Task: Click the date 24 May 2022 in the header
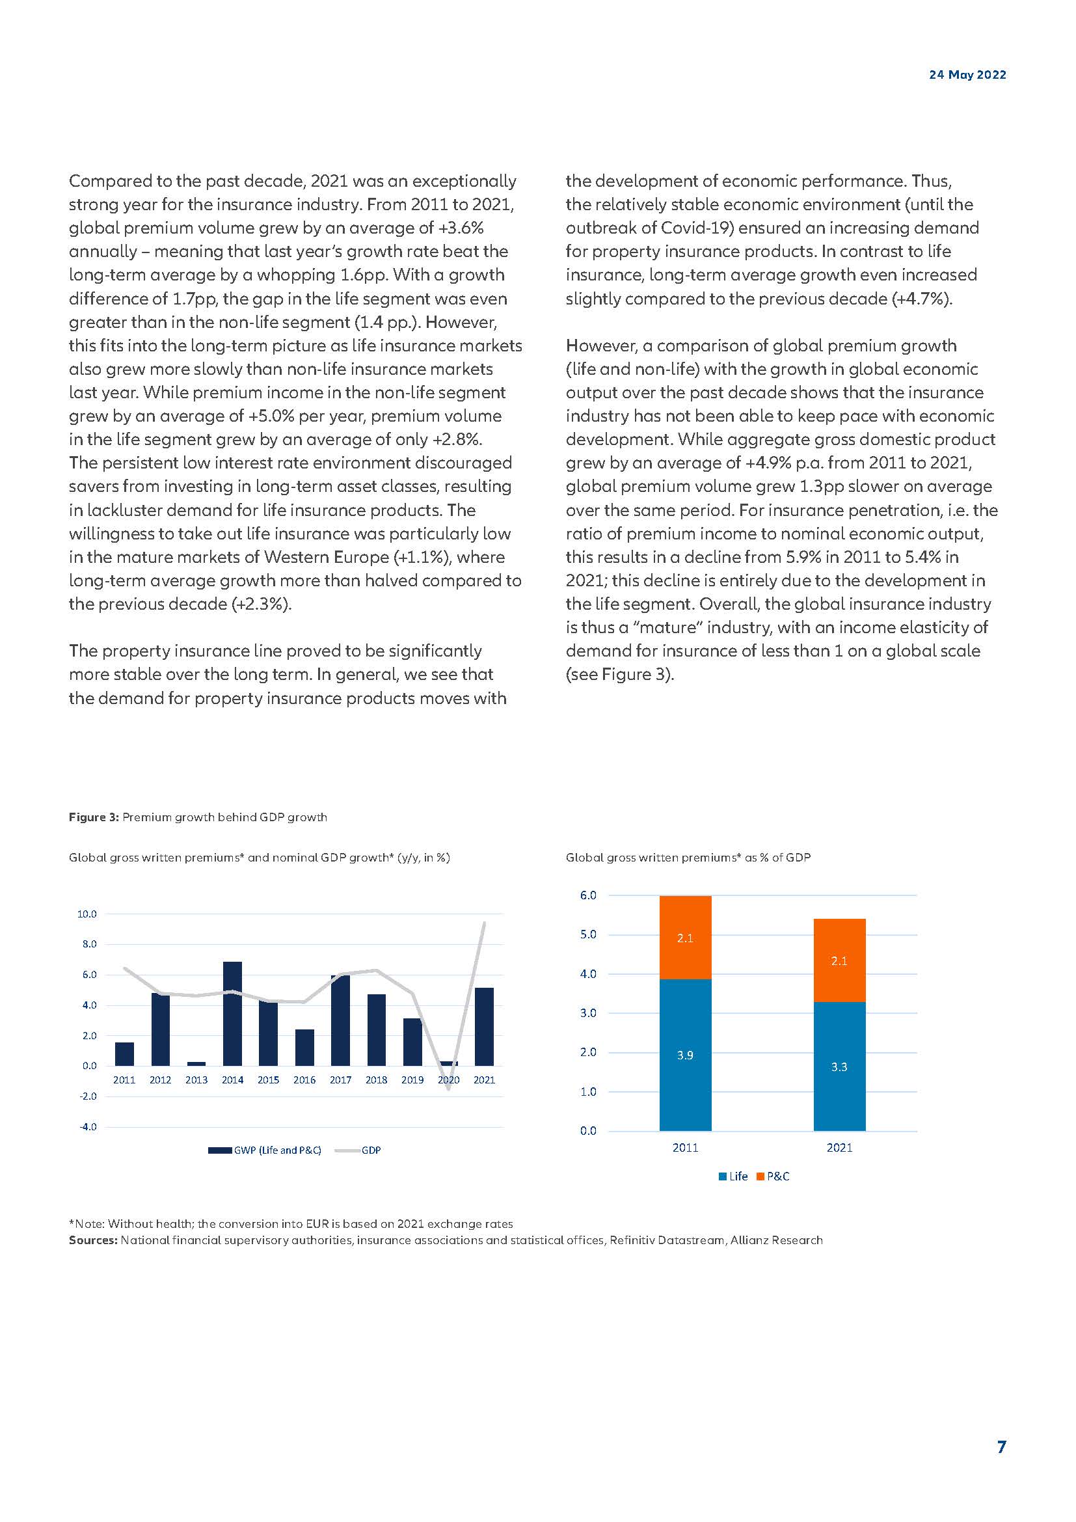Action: pyautogui.click(x=967, y=75)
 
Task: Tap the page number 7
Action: pyautogui.click(x=1001, y=1447)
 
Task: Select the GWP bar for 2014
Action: pyautogui.click(x=232, y=1013)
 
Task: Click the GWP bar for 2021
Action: pyautogui.click(x=485, y=1026)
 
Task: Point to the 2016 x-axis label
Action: pyautogui.click(x=304, y=1080)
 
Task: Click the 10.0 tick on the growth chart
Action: pyautogui.click(x=87, y=914)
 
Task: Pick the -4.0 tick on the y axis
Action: pyautogui.click(x=87, y=1127)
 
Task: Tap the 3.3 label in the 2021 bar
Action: pyautogui.click(x=839, y=1067)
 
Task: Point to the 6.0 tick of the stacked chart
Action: pyautogui.click(x=587, y=895)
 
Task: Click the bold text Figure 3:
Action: pyautogui.click(x=94, y=817)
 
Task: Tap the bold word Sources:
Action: pyautogui.click(x=93, y=1240)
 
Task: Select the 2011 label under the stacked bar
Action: pyautogui.click(x=685, y=1148)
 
